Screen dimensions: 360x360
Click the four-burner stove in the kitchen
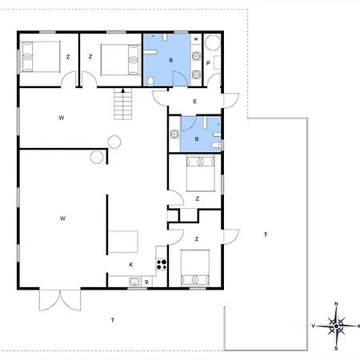(x=162, y=264)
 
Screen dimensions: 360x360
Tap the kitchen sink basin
(x=134, y=282)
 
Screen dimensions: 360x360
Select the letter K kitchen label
(x=131, y=265)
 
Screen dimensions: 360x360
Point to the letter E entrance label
(x=195, y=102)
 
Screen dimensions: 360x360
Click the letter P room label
(x=208, y=63)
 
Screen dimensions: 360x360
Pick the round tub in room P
(x=213, y=42)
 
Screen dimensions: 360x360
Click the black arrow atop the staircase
(x=123, y=90)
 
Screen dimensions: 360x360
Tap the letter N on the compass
(x=336, y=304)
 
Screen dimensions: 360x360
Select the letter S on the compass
(x=336, y=349)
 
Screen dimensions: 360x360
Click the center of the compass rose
(x=336, y=326)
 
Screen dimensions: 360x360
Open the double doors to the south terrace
(x=60, y=300)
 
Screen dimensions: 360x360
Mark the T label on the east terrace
(x=266, y=234)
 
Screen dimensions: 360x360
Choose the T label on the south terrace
(x=113, y=320)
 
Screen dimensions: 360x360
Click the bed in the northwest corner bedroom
(x=41, y=57)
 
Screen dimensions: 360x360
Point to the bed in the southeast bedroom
(x=195, y=268)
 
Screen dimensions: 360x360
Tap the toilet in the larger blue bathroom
(x=150, y=82)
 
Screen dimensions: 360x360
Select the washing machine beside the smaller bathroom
(x=174, y=134)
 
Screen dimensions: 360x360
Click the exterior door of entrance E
(x=230, y=101)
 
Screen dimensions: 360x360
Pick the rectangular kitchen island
(x=123, y=242)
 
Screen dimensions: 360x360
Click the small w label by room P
(x=196, y=39)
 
